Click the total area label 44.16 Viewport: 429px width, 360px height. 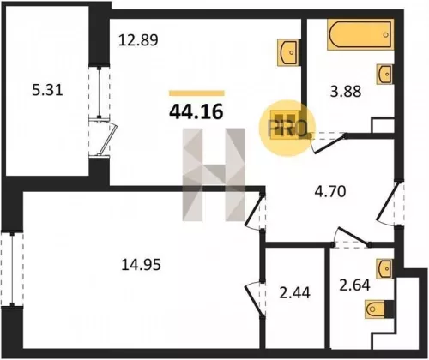(196, 111)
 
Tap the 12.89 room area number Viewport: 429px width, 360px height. (138, 40)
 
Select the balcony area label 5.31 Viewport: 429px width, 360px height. (47, 90)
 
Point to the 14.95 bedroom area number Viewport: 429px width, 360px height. (141, 264)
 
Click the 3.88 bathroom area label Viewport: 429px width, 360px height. (346, 92)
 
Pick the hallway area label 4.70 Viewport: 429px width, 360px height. (330, 191)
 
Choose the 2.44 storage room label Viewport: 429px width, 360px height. (294, 293)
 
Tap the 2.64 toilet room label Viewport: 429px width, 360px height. (354, 285)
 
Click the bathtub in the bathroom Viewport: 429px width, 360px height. (360, 34)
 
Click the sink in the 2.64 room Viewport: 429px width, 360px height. (384, 268)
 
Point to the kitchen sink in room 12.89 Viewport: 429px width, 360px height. (288, 52)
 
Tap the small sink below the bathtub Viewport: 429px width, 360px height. (384, 74)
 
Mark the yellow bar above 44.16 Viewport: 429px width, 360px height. (196, 93)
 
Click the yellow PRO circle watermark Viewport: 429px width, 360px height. (287, 129)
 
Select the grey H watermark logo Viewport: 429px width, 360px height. (214, 175)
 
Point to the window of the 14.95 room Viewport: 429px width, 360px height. (12, 269)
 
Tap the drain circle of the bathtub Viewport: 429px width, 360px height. (386, 34)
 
